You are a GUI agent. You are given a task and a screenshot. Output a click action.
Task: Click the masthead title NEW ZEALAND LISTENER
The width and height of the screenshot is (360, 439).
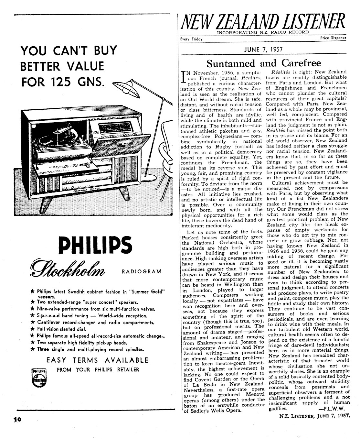coord(263,22)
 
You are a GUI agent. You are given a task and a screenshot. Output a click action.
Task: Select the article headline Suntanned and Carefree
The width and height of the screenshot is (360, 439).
coord(264,63)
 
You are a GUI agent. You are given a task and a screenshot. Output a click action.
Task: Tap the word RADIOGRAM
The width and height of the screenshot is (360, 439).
coord(141,271)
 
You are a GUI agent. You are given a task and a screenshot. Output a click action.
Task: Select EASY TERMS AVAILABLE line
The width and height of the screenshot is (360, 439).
coord(97,360)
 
